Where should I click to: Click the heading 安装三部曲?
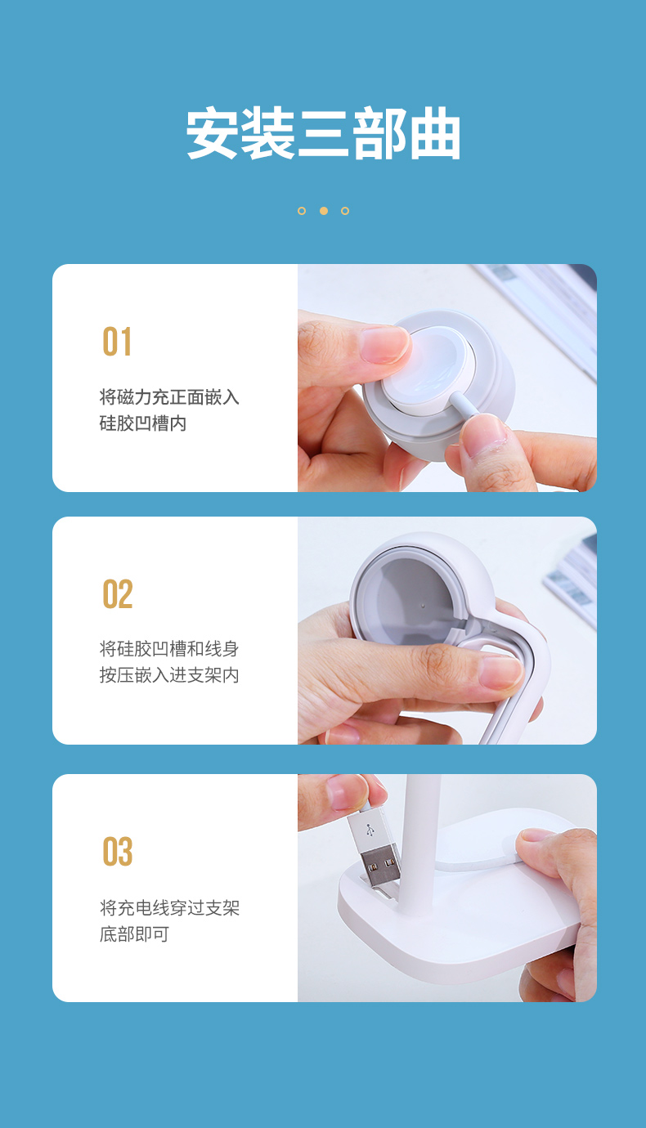[323, 133]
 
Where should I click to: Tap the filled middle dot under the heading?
[324, 211]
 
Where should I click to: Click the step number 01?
[117, 342]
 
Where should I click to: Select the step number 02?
[118, 594]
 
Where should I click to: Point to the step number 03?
[118, 852]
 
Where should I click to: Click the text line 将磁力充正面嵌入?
[169, 397]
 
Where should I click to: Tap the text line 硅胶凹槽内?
[143, 423]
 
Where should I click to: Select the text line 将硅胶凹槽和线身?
[169, 649]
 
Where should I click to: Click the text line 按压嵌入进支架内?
[169, 675]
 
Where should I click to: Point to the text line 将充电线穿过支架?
[169, 907]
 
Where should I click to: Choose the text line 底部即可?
[134, 933]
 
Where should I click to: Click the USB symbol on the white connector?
[370, 830]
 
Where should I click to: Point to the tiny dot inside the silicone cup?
[422, 607]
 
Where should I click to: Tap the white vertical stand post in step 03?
[422, 826]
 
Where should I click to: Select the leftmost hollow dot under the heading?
[302, 211]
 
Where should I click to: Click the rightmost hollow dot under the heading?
[345, 211]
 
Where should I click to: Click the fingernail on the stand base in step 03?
[537, 835]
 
